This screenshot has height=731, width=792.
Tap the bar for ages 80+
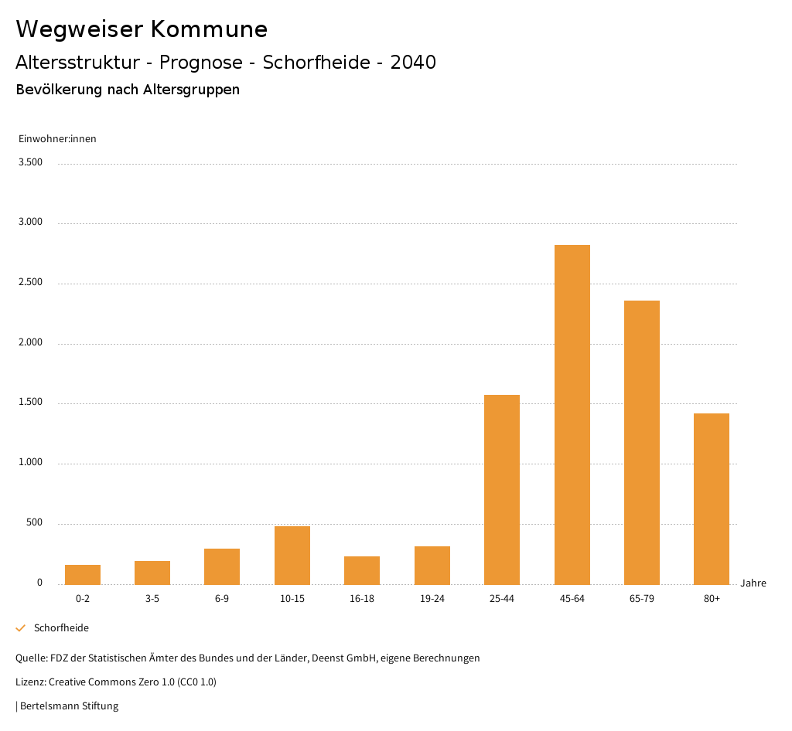click(711, 498)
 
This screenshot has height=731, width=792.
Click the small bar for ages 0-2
click(83, 574)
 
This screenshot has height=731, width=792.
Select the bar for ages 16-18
click(362, 570)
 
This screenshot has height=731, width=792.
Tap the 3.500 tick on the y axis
click(30, 162)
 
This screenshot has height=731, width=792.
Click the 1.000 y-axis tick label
click(30, 463)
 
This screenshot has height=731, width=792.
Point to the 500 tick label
click(34, 523)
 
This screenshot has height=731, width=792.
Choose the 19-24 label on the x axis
click(432, 599)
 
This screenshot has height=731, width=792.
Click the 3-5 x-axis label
click(152, 599)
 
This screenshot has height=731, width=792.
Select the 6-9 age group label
click(222, 599)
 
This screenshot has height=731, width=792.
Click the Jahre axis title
click(753, 583)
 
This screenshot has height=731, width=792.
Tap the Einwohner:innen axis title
click(57, 139)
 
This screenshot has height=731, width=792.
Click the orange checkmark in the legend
click(21, 628)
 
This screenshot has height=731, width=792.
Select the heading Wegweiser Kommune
click(142, 29)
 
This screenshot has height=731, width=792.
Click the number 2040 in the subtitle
click(413, 63)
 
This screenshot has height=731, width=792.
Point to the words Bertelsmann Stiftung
click(70, 706)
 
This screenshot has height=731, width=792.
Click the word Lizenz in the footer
click(30, 682)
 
